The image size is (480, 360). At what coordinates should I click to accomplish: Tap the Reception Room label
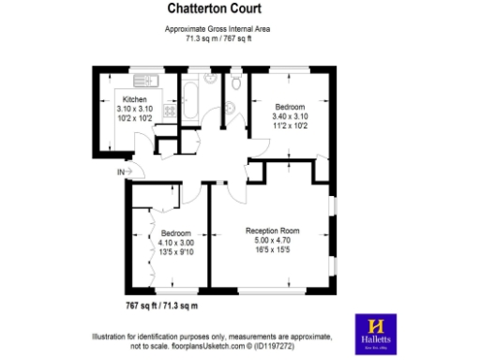coord(272,231)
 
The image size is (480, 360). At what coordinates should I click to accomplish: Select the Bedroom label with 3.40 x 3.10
coord(289,107)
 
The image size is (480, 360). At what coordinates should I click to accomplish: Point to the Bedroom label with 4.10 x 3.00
coord(175,232)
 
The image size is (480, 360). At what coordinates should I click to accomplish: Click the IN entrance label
coord(120,172)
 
